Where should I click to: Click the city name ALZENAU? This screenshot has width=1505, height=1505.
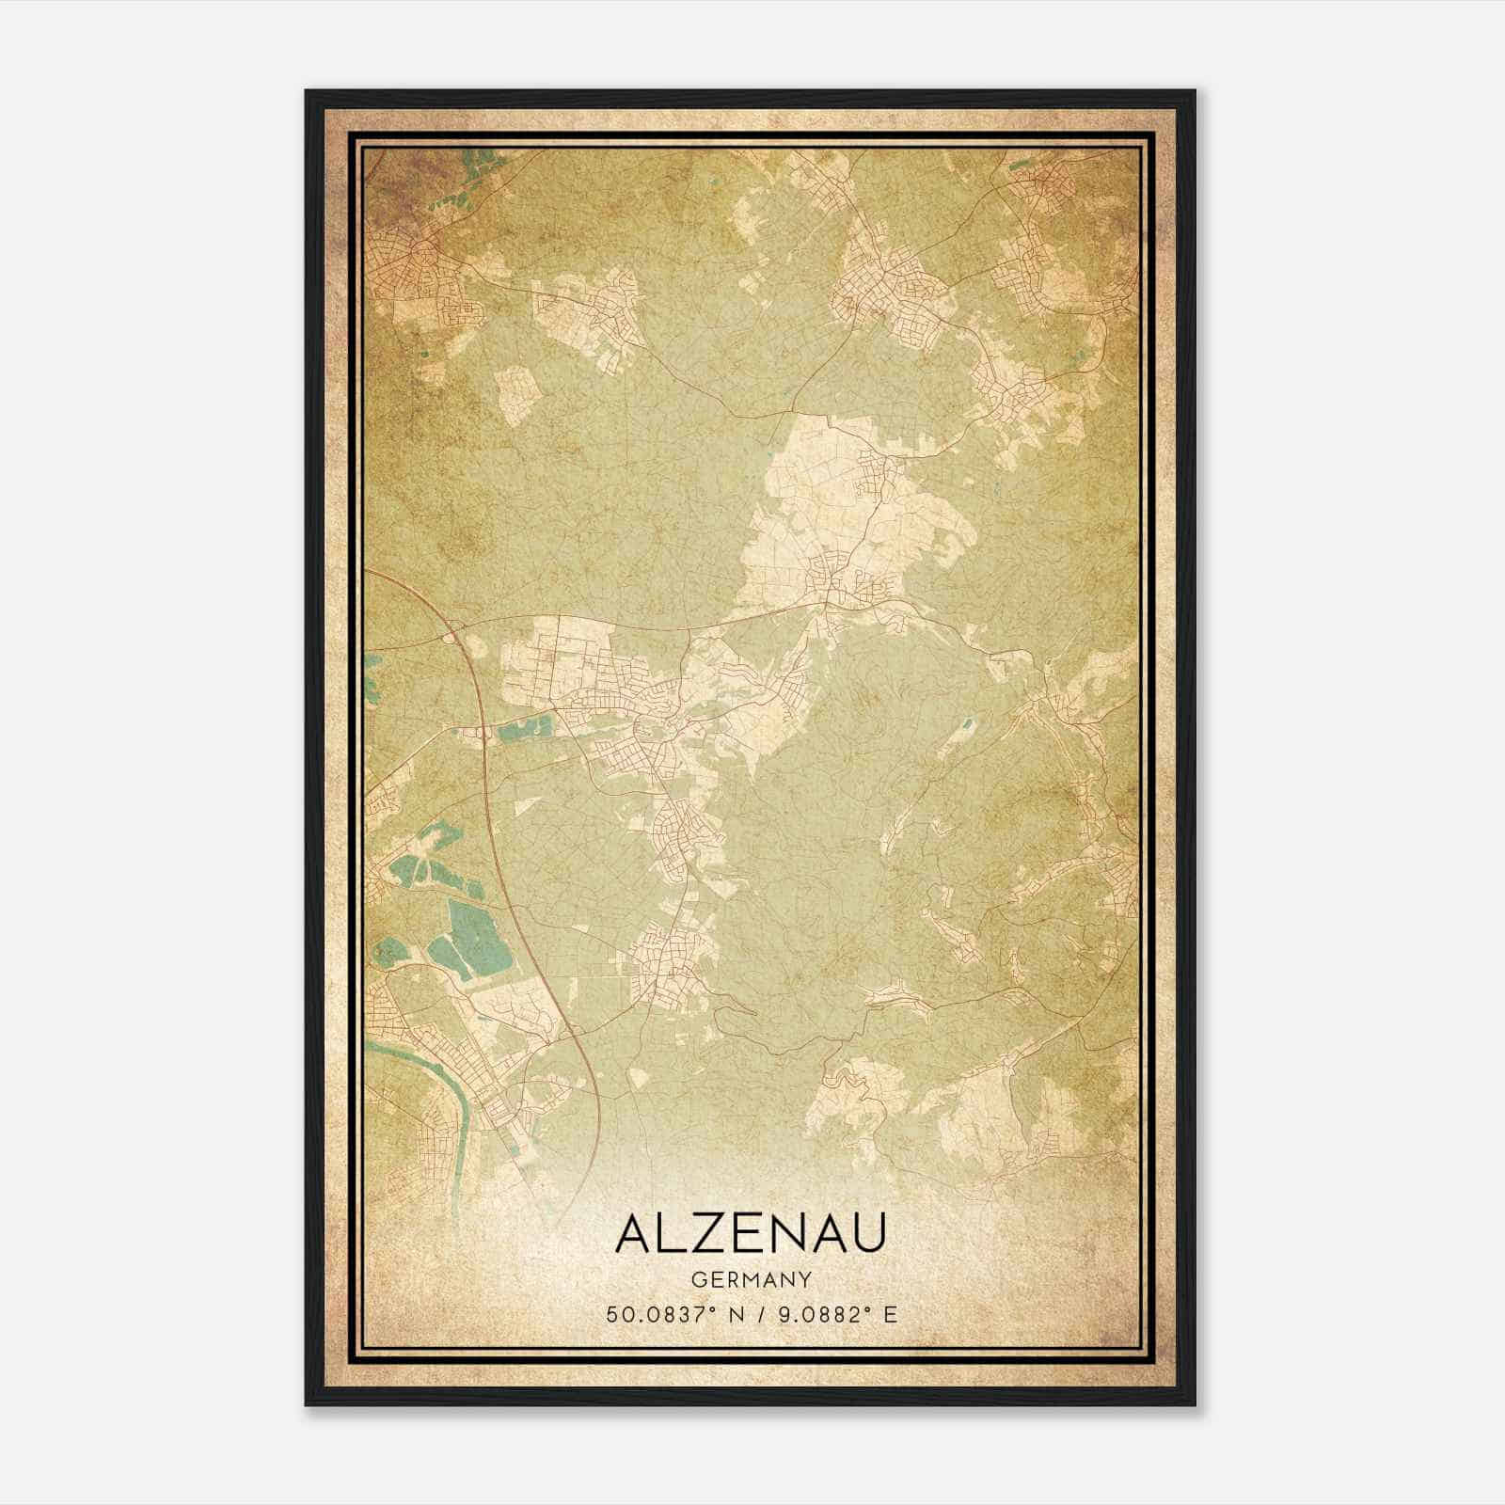point(751,1234)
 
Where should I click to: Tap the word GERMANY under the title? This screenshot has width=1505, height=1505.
point(751,1279)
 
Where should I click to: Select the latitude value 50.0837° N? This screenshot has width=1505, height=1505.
point(674,1313)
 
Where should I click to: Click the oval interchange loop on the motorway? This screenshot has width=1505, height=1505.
point(452,637)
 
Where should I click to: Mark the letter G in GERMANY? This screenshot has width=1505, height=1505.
point(697,1279)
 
